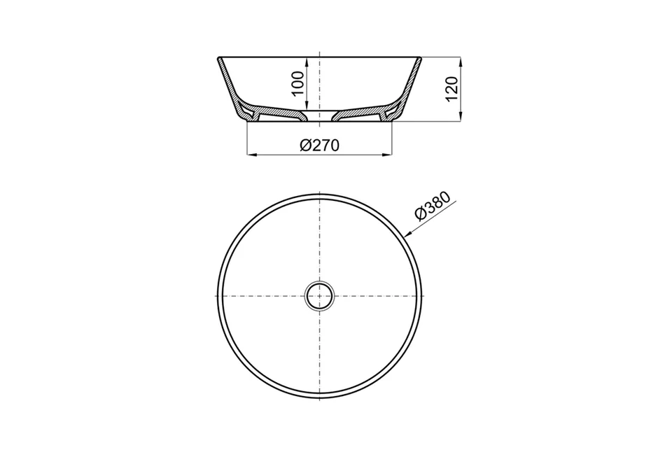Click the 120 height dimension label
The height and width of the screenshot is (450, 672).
[x=452, y=89]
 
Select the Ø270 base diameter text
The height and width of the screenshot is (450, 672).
[x=319, y=146]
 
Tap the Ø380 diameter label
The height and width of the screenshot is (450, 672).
[x=433, y=206]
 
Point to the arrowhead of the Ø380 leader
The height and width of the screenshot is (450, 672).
[x=408, y=234]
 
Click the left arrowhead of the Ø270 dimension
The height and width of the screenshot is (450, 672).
[x=251, y=154]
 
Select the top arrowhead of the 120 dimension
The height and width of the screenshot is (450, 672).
[x=461, y=62]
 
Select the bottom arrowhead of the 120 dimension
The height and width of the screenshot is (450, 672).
[x=461, y=117]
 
